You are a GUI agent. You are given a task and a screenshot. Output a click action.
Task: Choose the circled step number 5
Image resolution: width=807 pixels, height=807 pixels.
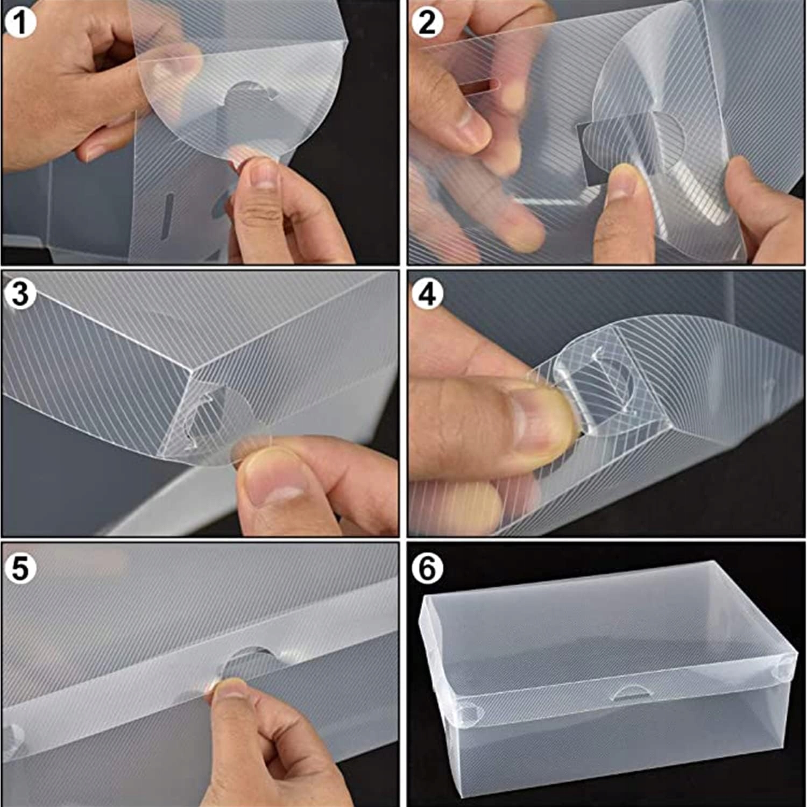20,568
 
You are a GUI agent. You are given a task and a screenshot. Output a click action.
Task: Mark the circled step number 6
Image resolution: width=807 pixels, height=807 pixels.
427,568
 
